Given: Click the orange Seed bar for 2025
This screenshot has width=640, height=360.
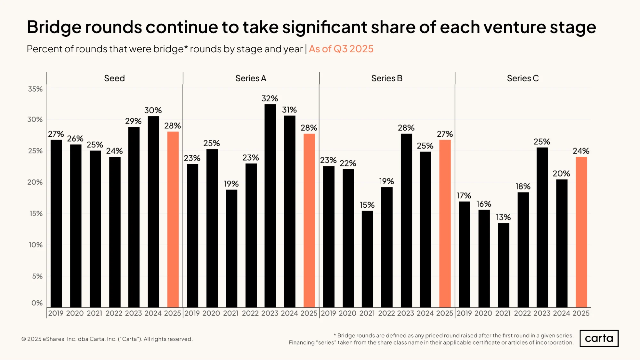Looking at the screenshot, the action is (x=173, y=220).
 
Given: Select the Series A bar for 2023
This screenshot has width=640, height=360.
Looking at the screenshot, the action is (x=270, y=206).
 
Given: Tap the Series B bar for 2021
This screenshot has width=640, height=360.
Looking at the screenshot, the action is (x=367, y=259).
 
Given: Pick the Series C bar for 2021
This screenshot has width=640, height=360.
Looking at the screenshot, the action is (x=504, y=265).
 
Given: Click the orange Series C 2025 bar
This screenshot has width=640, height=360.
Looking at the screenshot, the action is (x=581, y=232).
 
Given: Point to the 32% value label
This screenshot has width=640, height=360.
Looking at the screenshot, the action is (x=270, y=98).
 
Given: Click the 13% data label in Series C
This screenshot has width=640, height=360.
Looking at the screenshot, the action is (x=503, y=217).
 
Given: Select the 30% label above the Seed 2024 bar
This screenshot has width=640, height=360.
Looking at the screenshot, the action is (x=153, y=110).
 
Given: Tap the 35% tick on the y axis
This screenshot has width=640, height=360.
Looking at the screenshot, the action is (x=35, y=89).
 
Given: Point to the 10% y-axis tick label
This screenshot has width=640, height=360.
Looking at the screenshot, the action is (x=36, y=245).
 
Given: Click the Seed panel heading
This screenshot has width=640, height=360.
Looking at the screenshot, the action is (x=114, y=78).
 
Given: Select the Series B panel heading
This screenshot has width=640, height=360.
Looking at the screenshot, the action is (x=387, y=78).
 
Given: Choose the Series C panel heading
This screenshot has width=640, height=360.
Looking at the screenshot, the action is (x=523, y=78).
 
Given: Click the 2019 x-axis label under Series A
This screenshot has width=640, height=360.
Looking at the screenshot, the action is (x=192, y=313).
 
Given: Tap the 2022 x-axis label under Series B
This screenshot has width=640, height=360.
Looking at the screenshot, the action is (x=386, y=313).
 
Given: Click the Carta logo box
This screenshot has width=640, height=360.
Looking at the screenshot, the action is (x=599, y=338).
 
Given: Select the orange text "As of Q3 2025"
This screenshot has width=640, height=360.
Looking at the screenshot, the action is (x=341, y=49).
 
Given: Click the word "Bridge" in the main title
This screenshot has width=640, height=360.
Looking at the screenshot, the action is (x=54, y=28).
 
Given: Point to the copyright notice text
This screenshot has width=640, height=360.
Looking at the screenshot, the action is (x=107, y=339).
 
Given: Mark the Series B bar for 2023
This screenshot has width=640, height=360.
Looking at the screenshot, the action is (x=407, y=220).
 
